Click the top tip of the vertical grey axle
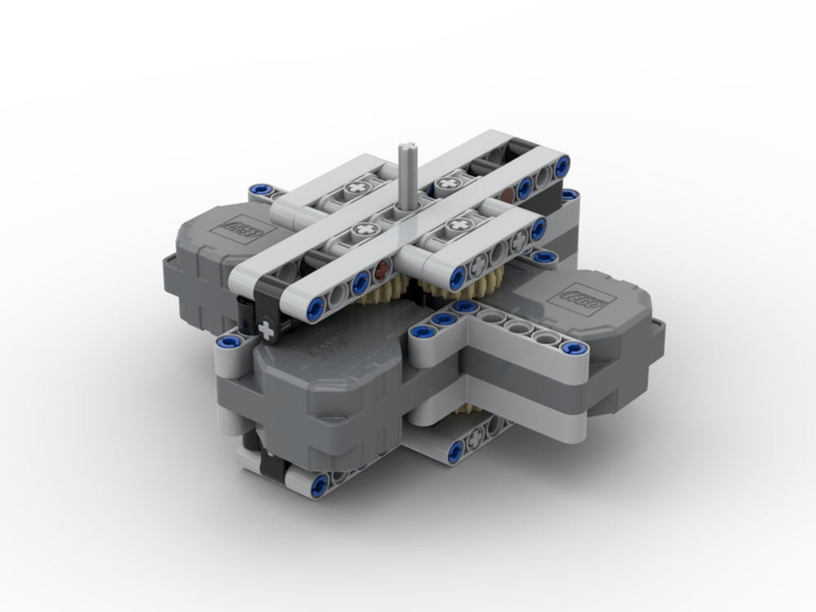(x=406, y=148)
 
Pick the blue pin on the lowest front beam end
(x=319, y=485)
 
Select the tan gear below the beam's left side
(x=390, y=287)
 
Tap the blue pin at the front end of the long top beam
(x=316, y=307)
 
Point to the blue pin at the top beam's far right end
(x=562, y=166)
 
